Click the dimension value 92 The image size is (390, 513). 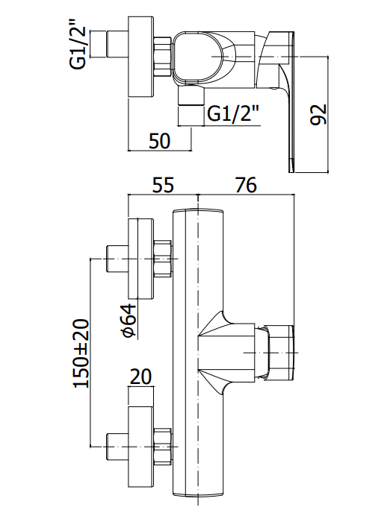(x=318, y=114)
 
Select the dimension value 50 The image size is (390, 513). (x=160, y=141)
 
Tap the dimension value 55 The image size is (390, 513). (x=163, y=185)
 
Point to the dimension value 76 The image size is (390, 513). (x=246, y=185)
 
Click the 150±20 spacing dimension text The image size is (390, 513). (x=81, y=353)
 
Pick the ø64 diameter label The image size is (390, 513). (x=128, y=321)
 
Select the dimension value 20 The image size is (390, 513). (x=141, y=377)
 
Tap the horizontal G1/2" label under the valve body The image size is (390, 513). (x=233, y=114)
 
